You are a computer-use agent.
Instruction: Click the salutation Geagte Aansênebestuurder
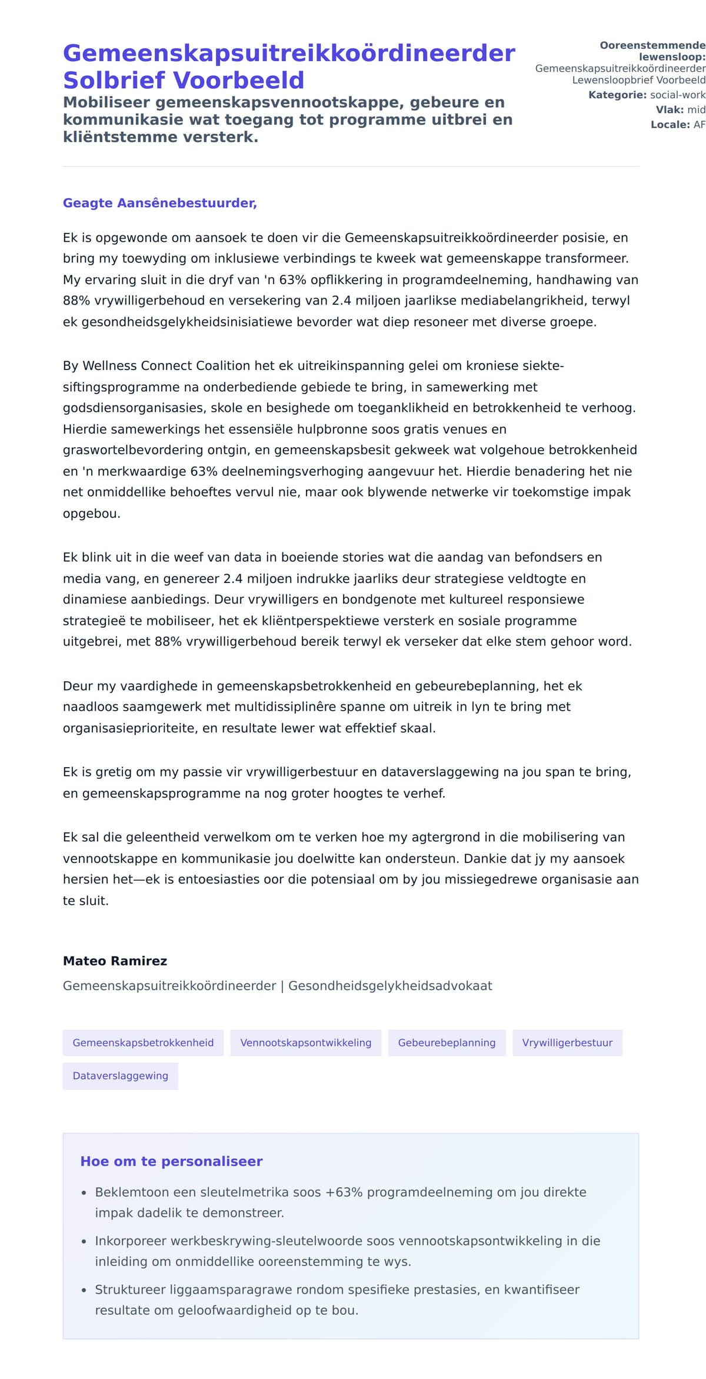[x=159, y=203]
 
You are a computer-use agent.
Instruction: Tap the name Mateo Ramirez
[x=115, y=961]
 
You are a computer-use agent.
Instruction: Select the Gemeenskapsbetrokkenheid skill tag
[x=143, y=1042]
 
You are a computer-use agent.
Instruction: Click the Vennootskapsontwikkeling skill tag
[x=305, y=1042]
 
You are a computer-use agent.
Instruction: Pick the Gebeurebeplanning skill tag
[x=447, y=1042]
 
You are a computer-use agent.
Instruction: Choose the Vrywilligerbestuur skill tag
[x=567, y=1042]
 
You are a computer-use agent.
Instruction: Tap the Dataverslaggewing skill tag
[x=120, y=1075]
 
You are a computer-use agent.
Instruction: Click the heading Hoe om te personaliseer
[x=171, y=1161]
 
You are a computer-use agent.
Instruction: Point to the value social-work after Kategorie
[x=677, y=95]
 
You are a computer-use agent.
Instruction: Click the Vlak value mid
[x=696, y=109]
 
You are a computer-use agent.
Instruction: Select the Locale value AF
[x=699, y=125]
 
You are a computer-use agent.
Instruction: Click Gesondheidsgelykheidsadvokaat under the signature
[x=390, y=985]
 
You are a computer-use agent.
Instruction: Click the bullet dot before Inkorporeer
[x=84, y=1241]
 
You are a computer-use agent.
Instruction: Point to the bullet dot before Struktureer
[x=84, y=1290]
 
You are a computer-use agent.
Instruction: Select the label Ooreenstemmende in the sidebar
[x=652, y=45]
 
